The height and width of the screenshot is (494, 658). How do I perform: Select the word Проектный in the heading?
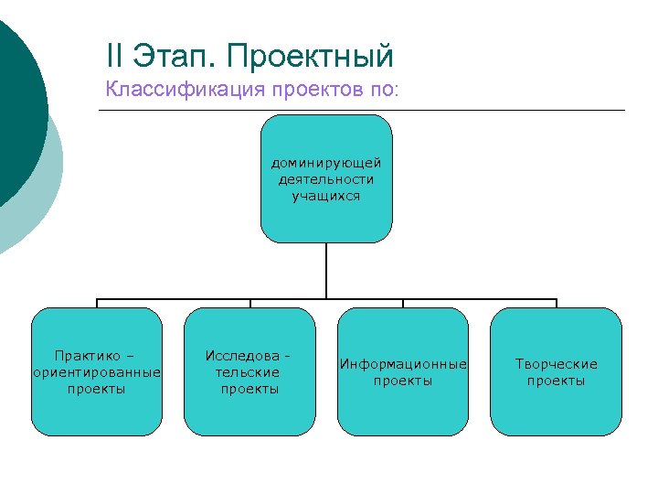click(x=311, y=57)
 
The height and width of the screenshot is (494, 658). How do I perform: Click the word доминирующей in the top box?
click(x=326, y=163)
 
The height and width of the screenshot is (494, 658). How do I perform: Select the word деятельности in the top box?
click(x=326, y=179)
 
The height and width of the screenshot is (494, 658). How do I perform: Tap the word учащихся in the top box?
click(x=326, y=196)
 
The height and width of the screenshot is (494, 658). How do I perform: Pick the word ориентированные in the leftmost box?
click(x=97, y=372)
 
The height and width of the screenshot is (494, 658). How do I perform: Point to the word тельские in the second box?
click(x=249, y=372)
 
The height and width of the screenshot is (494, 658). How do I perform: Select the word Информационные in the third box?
click(x=403, y=364)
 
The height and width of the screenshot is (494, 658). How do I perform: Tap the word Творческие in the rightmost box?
click(x=556, y=364)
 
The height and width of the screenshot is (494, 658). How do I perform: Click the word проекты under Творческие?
click(x=556, y=381)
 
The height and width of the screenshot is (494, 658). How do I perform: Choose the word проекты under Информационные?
click(x=403, y=381)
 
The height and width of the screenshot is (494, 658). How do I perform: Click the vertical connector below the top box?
click(x=326, y=271)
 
